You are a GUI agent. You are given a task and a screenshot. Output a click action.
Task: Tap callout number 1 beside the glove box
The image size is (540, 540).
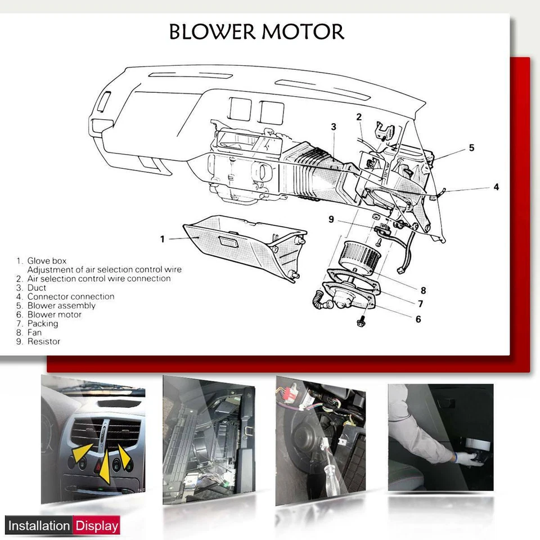(163, 239)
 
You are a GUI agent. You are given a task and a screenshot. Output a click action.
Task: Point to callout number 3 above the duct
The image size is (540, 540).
(334, 127)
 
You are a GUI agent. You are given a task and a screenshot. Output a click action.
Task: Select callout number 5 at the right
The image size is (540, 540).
(471, 148)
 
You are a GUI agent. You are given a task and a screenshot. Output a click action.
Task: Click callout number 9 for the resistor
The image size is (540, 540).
(331, 219)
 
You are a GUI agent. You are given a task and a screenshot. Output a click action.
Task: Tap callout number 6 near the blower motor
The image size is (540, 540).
(418, 319)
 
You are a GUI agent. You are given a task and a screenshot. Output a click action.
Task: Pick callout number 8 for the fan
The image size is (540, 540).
(423, 290)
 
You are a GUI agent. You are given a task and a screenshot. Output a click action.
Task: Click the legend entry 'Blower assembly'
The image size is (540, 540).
(61, 305)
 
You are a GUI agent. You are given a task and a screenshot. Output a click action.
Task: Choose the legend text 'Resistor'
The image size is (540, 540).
(43, 341)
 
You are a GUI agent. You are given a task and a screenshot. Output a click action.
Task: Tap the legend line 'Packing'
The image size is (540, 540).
(42, 323)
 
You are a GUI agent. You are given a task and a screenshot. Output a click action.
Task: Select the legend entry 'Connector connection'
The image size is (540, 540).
(70, 296)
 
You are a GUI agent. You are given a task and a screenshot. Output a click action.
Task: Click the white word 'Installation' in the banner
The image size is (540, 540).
(39, 526)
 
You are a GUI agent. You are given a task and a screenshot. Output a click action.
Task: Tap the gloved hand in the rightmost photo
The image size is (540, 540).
(465, 457)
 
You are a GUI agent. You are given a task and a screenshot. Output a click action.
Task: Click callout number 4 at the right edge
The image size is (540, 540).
(496, 187)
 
